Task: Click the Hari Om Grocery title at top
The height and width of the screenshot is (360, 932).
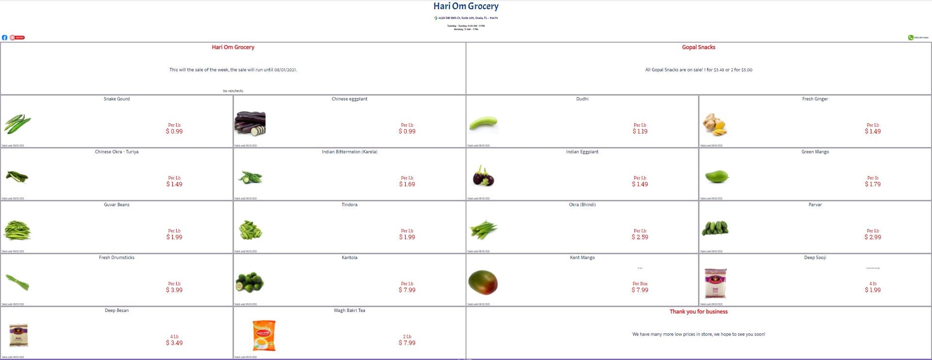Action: pyautogui.click(x=466, y=6)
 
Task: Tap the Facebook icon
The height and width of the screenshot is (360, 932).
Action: pyautogui.click(x=4, y=37)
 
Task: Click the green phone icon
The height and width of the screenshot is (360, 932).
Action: pyautogui.click(x=911, y=37)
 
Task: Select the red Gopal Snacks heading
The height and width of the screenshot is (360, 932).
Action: pyautogui.click(x=699, y=47)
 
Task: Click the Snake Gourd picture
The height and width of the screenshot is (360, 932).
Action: pyautogui.click(x=17, y=124)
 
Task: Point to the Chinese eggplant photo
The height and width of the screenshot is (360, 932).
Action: pyautogui.click(x=250, y=124)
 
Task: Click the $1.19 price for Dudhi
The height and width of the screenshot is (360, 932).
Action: pyautogui.click(x=640, y=131)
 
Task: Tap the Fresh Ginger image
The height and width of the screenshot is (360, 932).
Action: pyautogui.click(x=715, y=125)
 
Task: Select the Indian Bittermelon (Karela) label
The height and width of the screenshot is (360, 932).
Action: pyautogui.click(x=349, y=152)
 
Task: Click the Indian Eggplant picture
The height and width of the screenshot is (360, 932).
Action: pyautogui.click(x=483, y=176)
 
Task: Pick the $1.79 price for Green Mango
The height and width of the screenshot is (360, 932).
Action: pyautogui.click(x=872, y=184)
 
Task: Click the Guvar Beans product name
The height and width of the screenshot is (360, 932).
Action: pyautogui.click(x=116, y=205)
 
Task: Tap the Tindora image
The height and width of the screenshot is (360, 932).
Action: pyautogui.click(x=250, y=229)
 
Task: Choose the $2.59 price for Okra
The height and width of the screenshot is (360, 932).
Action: pyautogui.click(x=640, y=237)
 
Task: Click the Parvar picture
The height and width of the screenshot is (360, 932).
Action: pyautogui.click(x=715, y=228)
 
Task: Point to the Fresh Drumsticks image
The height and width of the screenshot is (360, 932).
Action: pyautogui.click(x=17, y=282)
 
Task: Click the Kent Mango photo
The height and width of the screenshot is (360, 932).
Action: pyautogui.click(x=483, y=282)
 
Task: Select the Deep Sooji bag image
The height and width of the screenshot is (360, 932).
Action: pyautogui.click(x=716, y=283)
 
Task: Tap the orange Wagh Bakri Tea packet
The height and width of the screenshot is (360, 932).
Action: pyautogui.click(x=264, y=335)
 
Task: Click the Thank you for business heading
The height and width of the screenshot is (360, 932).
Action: pyautogui.click(x=699, y=311)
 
